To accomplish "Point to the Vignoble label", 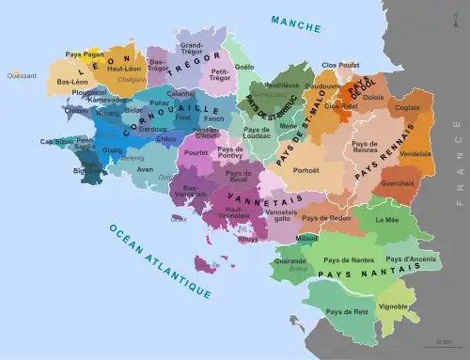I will tap(392, 306).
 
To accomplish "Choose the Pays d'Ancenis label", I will tap(411, 258).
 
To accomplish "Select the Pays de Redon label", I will tap(326, 218).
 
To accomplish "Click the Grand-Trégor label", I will tap(192, 48).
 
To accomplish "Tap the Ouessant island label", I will tap(14, 74).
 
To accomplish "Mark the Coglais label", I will tap(408, 107).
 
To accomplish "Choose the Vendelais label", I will tap(415, 153).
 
